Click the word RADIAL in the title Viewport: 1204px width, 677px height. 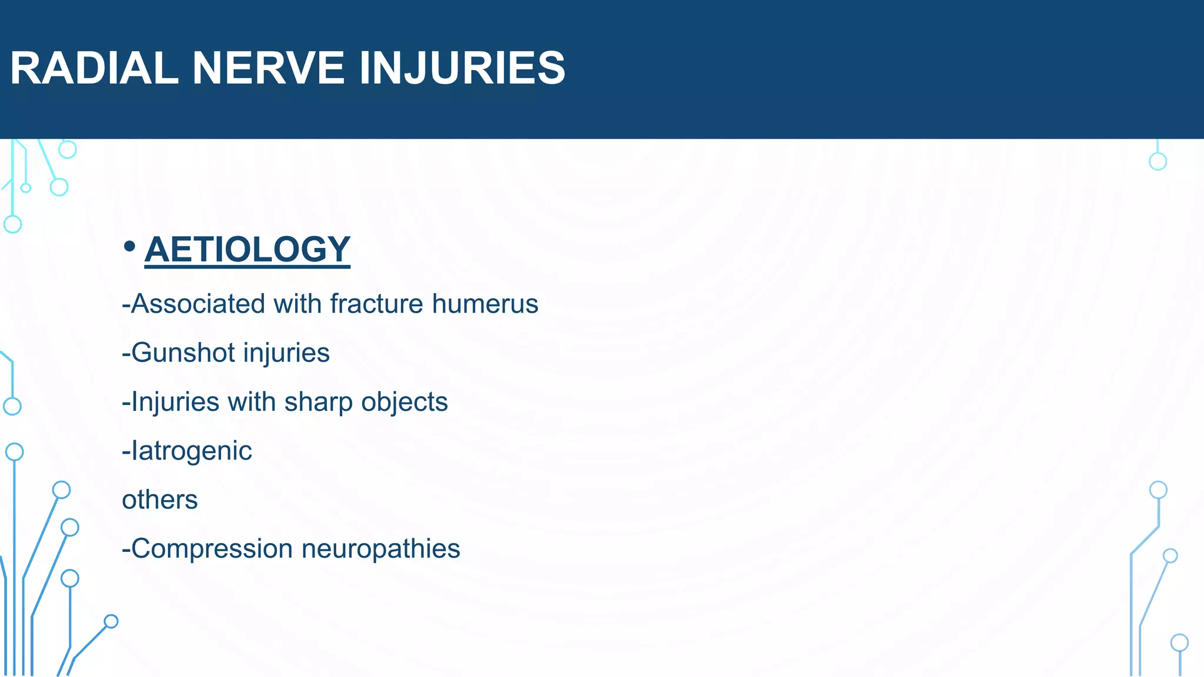[x=94, y=68]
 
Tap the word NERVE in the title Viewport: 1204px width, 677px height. [x=268, y=68]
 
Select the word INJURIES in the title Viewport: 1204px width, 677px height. [x=461, y=68]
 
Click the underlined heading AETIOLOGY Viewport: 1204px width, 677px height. [x=247, y=249]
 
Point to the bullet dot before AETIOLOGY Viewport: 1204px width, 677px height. [x=129, y=247]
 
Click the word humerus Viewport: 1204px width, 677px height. [x=485, y=304]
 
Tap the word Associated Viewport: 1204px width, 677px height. [x=198, y=304]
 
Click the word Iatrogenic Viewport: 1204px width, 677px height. [x=191, y=451]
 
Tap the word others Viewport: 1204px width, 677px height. [x=159, y=500]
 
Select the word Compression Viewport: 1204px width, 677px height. [x=212, y=549]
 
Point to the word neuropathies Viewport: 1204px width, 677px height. [x=380, y=549]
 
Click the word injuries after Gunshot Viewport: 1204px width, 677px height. [x=286, y=353]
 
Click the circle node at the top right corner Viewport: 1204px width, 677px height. [x=1158, y=161]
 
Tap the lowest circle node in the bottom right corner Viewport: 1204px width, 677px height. [x=1179, y=643]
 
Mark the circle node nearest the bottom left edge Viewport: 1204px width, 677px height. [x=111, y=621]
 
